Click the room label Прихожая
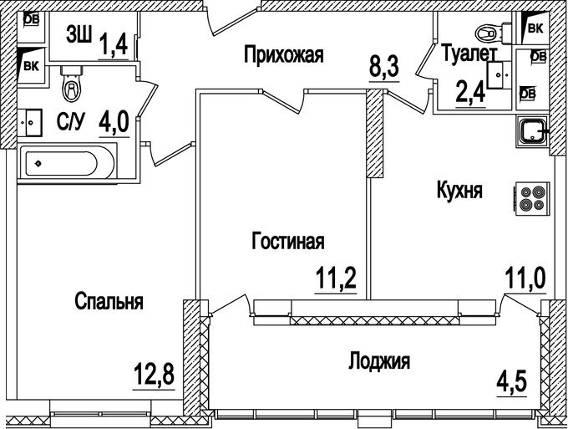(283, 56)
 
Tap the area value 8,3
(384, 64)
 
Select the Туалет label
(469, 55)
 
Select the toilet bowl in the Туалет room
(484, 34)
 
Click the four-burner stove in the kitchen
(532, 197)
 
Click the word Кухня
(459, 191)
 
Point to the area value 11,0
(525, 276)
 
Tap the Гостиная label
(287, 242)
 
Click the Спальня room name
(108, 301)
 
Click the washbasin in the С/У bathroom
(33, 122)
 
